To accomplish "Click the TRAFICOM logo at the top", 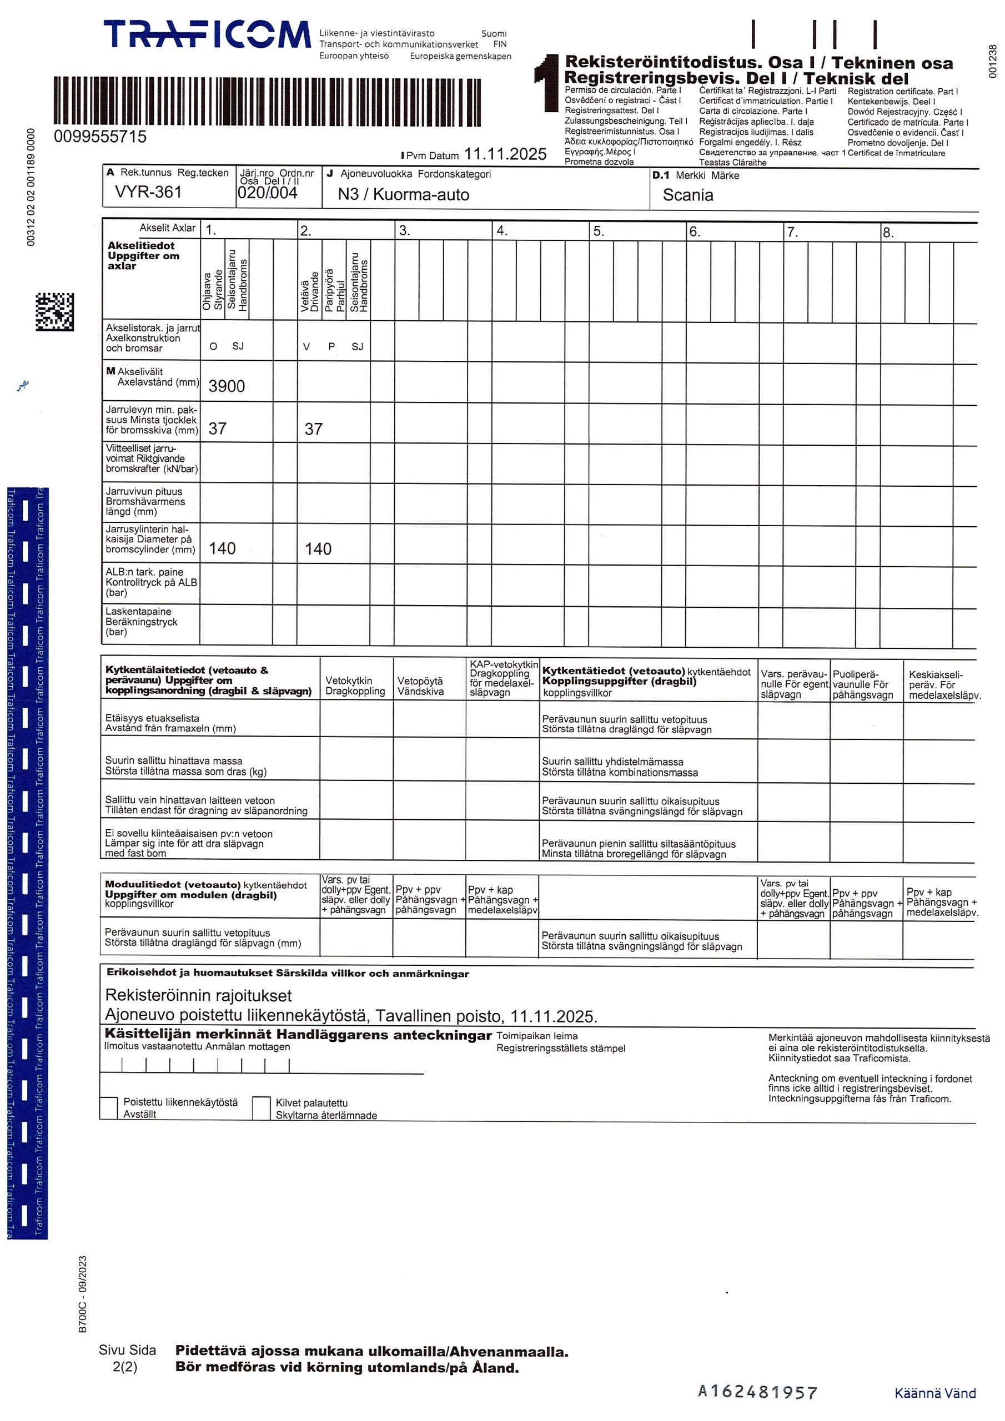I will (x=207, y=34).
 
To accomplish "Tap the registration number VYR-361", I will (x=148, y=192).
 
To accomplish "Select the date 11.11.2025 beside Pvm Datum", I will (x=505, y=154).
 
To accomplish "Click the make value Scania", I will (x=687, y=195).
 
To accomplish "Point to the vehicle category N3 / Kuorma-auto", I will (x=403, y=194).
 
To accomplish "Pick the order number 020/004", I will (x=268, y=193).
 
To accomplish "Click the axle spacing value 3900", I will (x=227, y=386).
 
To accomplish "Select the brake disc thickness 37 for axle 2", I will (x=313, y=429).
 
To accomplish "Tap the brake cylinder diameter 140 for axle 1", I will (x=222, y=548).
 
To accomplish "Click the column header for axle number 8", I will (x=888, y=233).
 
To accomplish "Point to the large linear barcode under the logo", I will (x=267, y=102).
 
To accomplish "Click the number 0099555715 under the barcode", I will (x=100, y=137).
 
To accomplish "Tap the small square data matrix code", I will (x=54, y=311).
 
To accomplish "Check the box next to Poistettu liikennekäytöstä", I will (x=109, y=1107).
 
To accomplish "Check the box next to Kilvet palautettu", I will (x=262, y=1108).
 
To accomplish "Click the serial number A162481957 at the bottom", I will (x=757, y=1392).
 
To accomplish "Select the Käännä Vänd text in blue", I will (x=934, y=1393).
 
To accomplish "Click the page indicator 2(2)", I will (x=125, y=1367).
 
